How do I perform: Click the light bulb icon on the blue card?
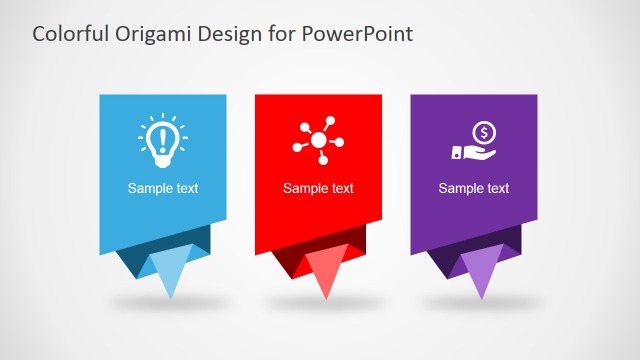click(162, 140)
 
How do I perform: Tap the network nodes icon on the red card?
click(318, 142)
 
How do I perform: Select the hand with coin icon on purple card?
click(473, 141)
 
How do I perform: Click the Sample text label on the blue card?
click(162, 188)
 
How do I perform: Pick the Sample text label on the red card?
click(318, 188)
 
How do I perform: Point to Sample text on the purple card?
click(474, 188)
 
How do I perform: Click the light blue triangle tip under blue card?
click(169, 272)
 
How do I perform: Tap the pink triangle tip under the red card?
click(325, 272)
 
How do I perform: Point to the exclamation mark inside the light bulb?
click(162, 137)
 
